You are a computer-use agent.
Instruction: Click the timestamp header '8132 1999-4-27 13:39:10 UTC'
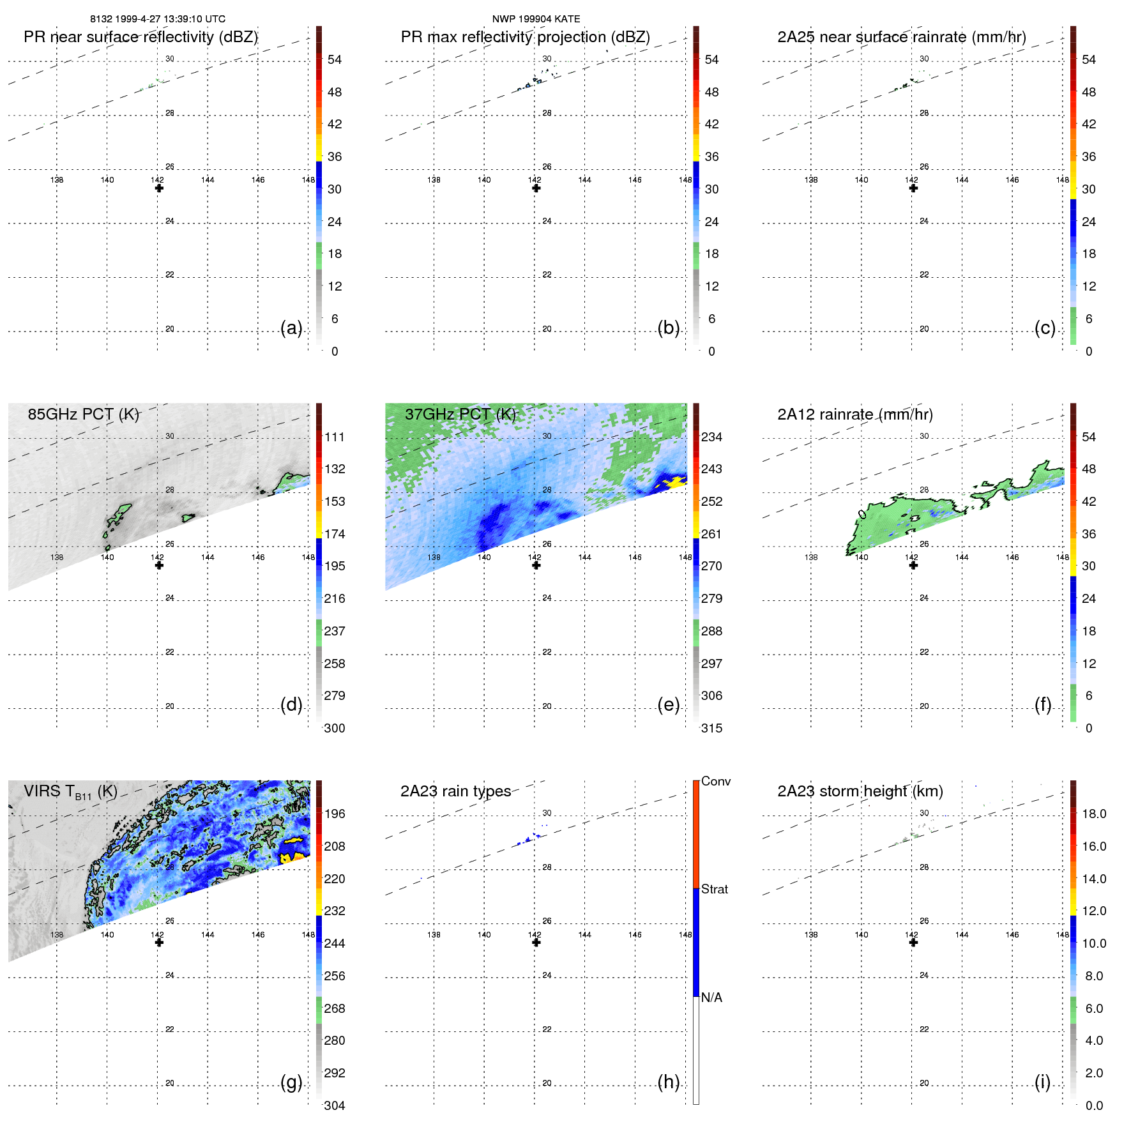point(157,19)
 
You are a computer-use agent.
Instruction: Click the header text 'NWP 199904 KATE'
point(536,19)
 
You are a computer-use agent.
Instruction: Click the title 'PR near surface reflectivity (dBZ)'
point(140,37)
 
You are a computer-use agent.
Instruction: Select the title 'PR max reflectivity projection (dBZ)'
point(525,37)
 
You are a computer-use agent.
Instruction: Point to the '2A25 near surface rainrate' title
point(901,37)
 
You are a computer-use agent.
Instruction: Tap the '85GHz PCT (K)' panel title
point(83,414)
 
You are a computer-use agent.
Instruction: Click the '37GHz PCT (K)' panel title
point(460,414)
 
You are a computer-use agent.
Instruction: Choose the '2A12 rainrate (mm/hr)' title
point(854,414)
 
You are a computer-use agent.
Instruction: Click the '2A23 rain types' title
point(455,791)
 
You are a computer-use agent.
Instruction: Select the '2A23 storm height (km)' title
point(860,791)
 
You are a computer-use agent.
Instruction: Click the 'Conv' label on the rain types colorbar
point(715,781)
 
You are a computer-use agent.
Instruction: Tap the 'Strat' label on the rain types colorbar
point(714,889)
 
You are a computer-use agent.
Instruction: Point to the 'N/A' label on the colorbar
point(711,998)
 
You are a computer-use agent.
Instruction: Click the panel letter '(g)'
point(291,1082)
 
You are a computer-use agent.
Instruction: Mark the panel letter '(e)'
point(668,704)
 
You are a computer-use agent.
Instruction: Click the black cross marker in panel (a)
point(159,188)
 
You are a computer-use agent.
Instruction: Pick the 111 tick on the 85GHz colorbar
point(334,437)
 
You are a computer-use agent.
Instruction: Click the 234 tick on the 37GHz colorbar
point(711,437)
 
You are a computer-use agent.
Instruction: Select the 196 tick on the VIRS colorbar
point(334,814)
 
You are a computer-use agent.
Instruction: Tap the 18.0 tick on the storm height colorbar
point(1093,814)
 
